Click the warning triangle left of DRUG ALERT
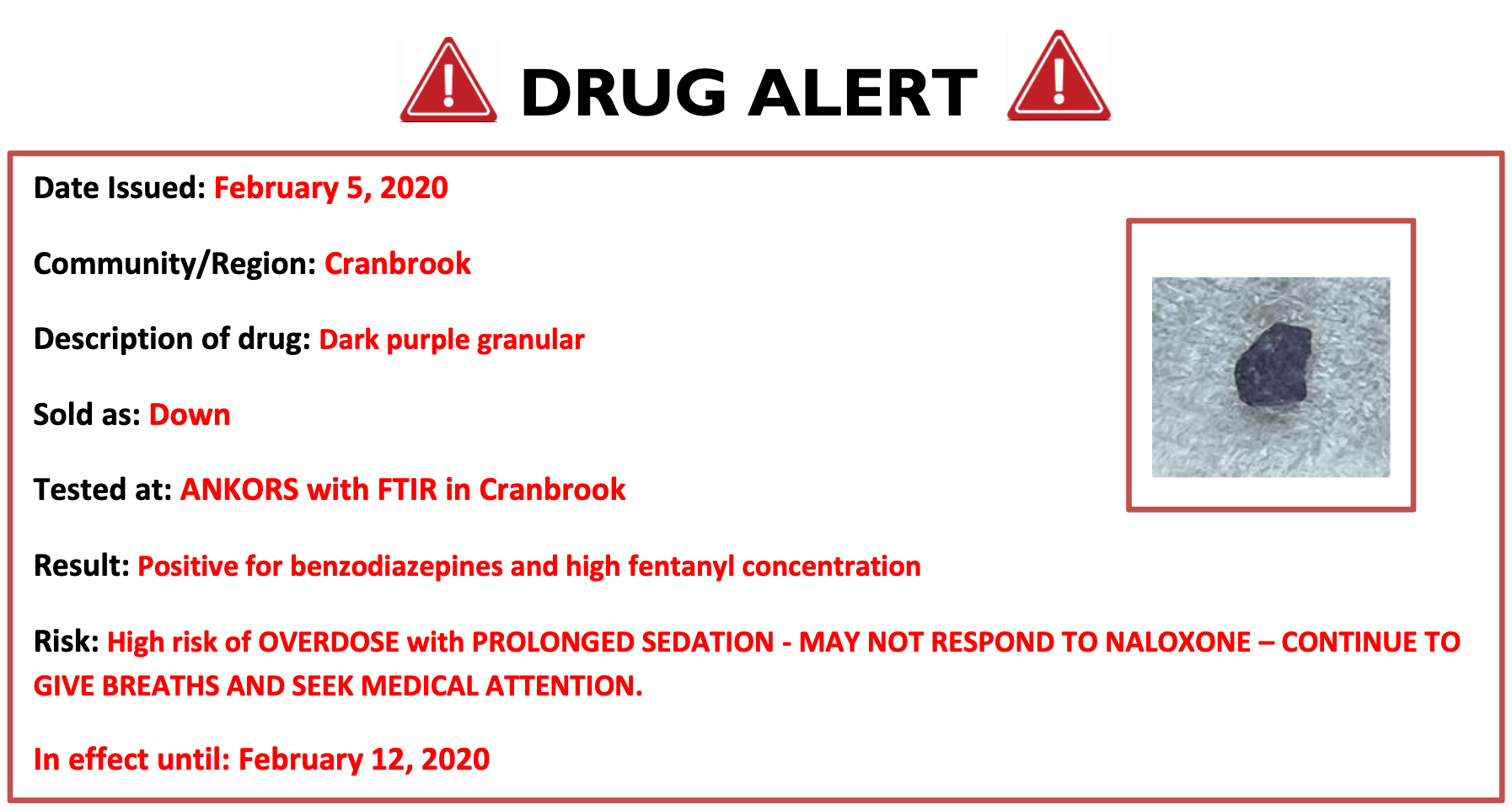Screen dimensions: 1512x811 pyautogui.click(x=448, y=81)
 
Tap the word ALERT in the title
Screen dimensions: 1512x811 pyautogui.click(x=862, y=93)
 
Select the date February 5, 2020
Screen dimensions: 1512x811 pyautogui.click(x=330, y=188)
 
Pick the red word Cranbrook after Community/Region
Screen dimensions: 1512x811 pyautogui.click(x=398, y=264)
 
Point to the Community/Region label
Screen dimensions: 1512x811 pyautogui.click(x=175, y=265)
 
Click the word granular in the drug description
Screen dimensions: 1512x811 pyautogui.click(x=530, y=340)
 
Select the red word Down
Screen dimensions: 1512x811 pyautogui.click(x=190, y=415)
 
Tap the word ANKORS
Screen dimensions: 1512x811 pyautogui.click(x=239, y=490)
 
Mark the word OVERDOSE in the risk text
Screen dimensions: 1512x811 pyautogui.click(x=329, y=642)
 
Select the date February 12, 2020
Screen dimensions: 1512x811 pyautogui.click(x=364, y=760)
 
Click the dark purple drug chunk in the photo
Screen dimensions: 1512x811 pyautogui.click(x=1273, y=365)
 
